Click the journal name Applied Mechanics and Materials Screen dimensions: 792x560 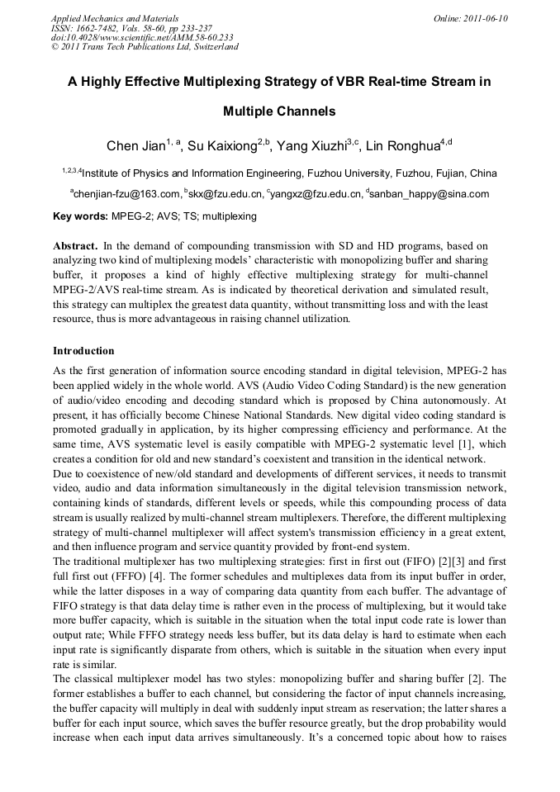[x=115, y=18]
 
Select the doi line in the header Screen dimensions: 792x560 [x=142, y=37]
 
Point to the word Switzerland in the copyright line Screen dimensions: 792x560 [x=210, y=47]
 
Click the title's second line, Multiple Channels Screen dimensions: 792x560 [x=279, y=111]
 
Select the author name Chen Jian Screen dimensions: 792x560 [x=135, y=147]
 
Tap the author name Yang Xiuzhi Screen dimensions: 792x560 [x=311, y=147]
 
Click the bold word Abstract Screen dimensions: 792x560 [x=75, y=246]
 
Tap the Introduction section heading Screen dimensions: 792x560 [x=83, y=351]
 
